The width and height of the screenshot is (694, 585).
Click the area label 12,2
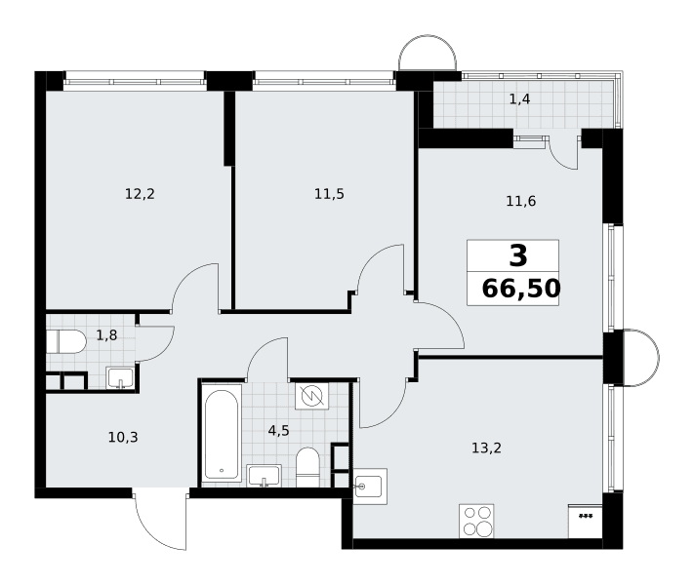[x=140, y=194]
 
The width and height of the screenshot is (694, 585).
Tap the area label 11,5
[x=329, y=194]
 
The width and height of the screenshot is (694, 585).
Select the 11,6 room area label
[x=521, y=201]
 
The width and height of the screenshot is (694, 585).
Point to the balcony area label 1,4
[x=519, y=99]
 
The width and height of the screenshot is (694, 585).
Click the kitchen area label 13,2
[x=486, y=448]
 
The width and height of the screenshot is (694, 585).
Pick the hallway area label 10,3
[x=123, y=438]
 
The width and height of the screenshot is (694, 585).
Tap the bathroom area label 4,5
[x=279, y=430]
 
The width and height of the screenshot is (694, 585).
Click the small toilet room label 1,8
[x=106, y=335]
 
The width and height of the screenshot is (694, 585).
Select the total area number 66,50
[x=521, y=289]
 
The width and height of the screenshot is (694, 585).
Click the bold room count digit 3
[x=518, y=256]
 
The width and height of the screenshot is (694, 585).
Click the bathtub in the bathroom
[x=222, y=433]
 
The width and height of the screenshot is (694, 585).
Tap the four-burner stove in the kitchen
[x=476, y=521]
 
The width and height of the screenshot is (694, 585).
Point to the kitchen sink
[x=371, y=487]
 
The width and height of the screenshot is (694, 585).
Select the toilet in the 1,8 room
[x=66, y=341]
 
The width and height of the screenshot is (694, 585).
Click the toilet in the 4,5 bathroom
[x=307, y=467]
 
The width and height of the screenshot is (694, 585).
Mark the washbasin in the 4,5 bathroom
[x=264, y=476]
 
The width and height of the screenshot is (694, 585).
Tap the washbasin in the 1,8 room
[x=120, y=377]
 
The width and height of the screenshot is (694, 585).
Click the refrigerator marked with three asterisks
[x=585, y=521]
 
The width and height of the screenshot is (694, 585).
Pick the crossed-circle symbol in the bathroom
[x=311, y=396]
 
